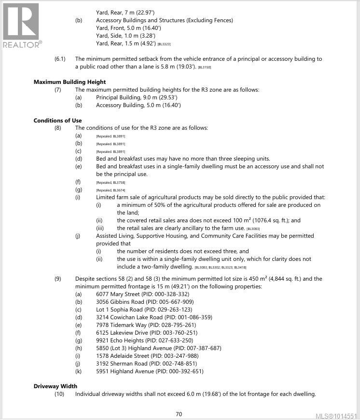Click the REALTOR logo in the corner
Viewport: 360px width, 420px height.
click(x=22, y=25)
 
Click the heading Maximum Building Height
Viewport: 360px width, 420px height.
click(x=69, y=82)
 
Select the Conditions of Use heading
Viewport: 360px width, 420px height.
click(x=57, y=120)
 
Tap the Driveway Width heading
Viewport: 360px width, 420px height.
click(x=55, y=386)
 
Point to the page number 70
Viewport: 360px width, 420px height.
click(x=179, y=414)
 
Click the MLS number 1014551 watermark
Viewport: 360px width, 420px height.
click(x=336, y=416)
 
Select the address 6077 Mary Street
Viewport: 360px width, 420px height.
click(x=120, y=294)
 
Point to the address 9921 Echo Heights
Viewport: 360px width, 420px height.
click(x=121, y=340)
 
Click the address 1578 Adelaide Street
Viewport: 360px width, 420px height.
click(x=123, y=356)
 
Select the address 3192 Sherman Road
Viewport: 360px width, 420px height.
click(x=122, y=364)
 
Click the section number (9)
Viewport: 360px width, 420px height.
click(x=57, y=279)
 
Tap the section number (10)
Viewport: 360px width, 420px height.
click(x=59, y=394)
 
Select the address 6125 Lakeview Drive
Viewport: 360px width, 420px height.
click(x=124, y=333)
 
